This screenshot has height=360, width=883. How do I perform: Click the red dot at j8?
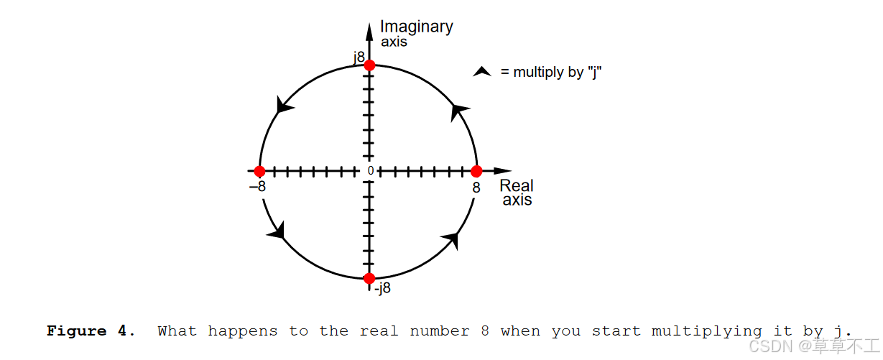pyautogui.click(x=369, y=65)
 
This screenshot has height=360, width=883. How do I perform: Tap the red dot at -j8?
pyautogui.click(x=369, y=278)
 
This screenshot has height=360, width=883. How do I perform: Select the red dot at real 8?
pyautogui.click(x=476, y=171)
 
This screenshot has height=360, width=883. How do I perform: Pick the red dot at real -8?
pyautogui.click(x=260, y=171)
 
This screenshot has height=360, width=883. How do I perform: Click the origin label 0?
pyautogui.click(x=371, y=171)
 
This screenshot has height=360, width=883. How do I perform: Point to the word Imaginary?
pyautogui.click(x=416, y=27)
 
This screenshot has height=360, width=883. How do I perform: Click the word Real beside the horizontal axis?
pyautogui.click(x=517, y=187)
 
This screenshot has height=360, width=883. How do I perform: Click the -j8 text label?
pyautogui.click(x=382, y=288)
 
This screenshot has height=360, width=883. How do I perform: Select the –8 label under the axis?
pyautogui.click(x=257, y=187)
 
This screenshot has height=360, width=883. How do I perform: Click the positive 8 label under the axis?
pyautogui.click(x=476, y=188)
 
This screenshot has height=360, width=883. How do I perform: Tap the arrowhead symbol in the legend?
pyautogui.click(x=482, y=72)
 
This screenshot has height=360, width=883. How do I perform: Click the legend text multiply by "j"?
pyautogui.click(x=550, y=72)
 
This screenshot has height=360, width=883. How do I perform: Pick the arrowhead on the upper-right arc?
pyautogui.click(x=459, y=111)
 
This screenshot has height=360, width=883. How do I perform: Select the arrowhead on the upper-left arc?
pyautogui.click(x=284, y=106)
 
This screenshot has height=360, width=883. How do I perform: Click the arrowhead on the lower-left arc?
pyautogui.click(x=277, y=231)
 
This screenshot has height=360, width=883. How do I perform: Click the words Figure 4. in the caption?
pyautogui.click(x=91, y=331)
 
